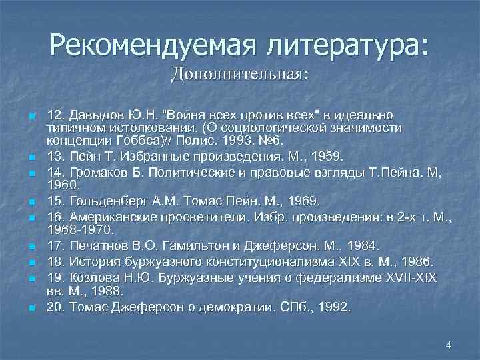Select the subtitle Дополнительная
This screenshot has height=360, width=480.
click(239, 73)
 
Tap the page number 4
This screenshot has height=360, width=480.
click(448, 345)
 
